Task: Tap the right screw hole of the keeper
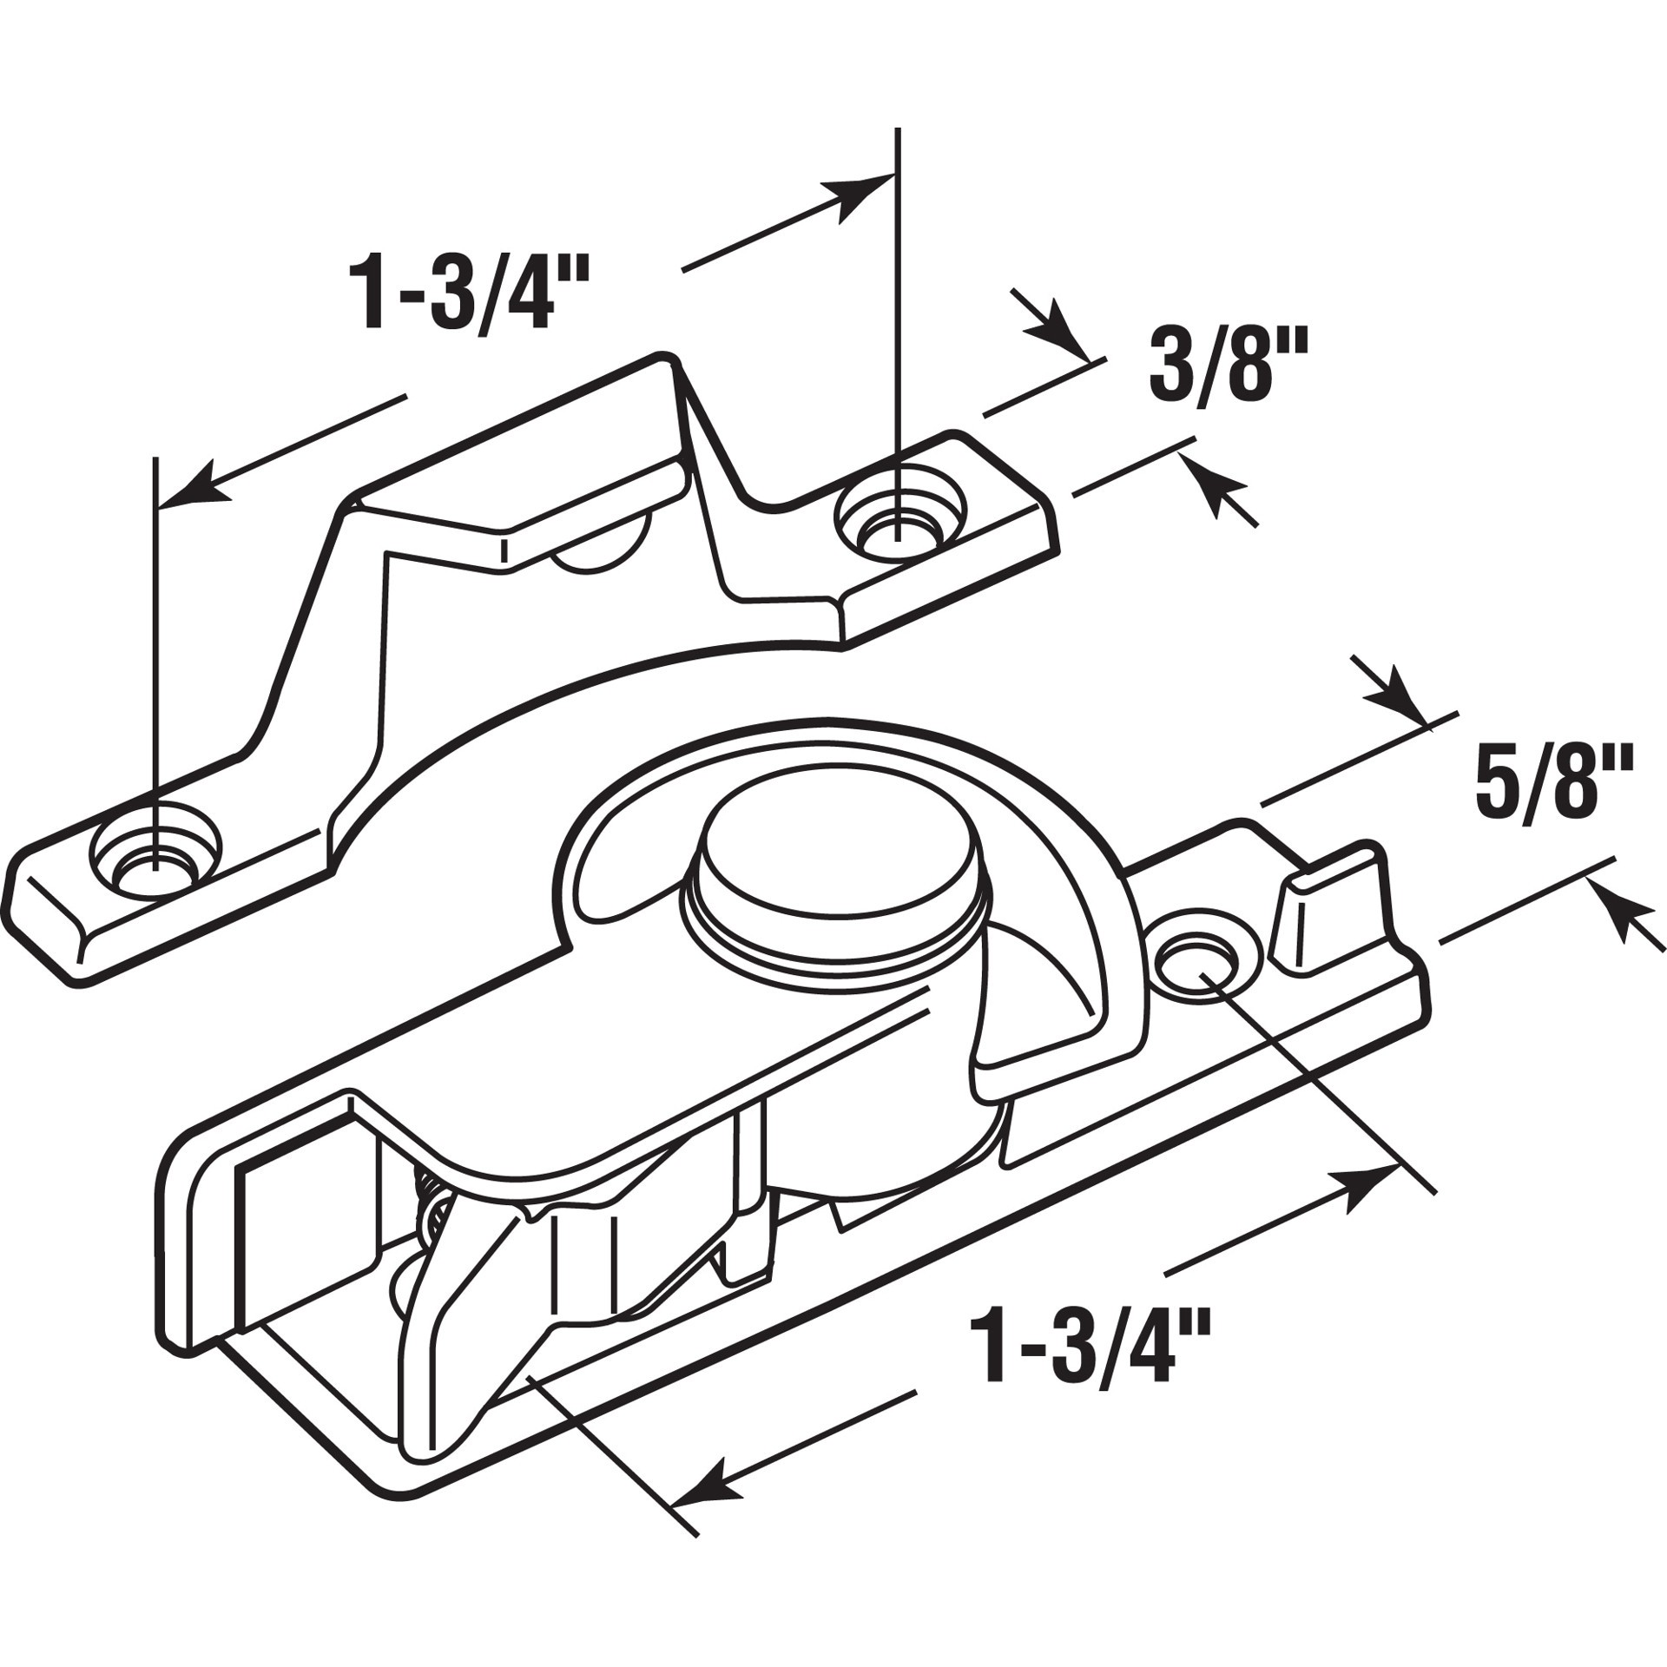pos(899,524)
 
